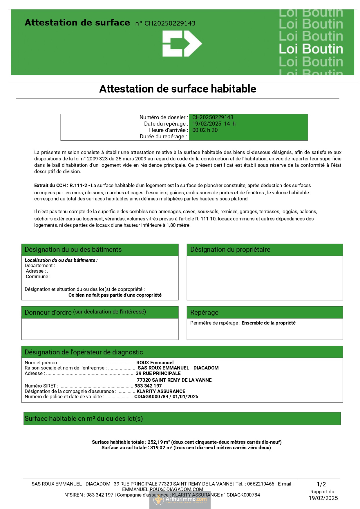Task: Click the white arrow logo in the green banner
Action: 182,44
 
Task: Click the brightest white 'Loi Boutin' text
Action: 311,49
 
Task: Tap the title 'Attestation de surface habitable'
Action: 178,89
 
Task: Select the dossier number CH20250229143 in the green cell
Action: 213,117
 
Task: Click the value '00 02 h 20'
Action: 205,130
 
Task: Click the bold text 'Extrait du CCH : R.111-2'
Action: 61,186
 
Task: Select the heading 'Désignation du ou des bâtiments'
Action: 73,250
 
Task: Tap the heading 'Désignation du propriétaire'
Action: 230,250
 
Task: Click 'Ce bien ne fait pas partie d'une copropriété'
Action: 115,295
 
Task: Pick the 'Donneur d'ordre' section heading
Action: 48,312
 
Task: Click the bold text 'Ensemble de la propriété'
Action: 268,323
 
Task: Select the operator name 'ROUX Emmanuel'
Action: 155,363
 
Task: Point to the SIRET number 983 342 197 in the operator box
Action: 148,386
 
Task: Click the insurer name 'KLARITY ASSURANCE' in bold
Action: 161,391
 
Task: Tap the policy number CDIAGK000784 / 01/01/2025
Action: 166,396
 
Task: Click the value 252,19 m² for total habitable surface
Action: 159,442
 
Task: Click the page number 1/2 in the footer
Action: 321,484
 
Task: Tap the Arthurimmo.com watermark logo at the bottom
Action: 180,499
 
